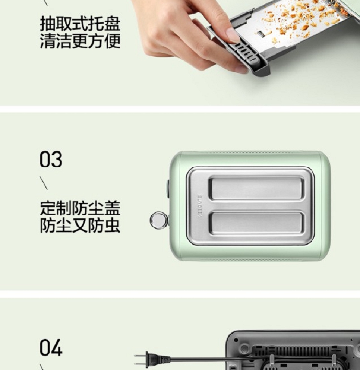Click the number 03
point(51,159)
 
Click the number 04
point(51,347)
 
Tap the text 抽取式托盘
point(80,24)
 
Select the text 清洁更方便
point(80,41)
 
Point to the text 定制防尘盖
point(80,208)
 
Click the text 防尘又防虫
point(80,226)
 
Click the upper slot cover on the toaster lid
point(256,188)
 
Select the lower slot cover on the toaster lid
point(256,223)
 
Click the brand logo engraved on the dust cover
point(200,206)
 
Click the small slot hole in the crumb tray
point(260,34)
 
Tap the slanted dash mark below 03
point(44,182)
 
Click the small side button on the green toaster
point(168,189)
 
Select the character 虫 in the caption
point(112,226)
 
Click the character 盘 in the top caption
point(112,24)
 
